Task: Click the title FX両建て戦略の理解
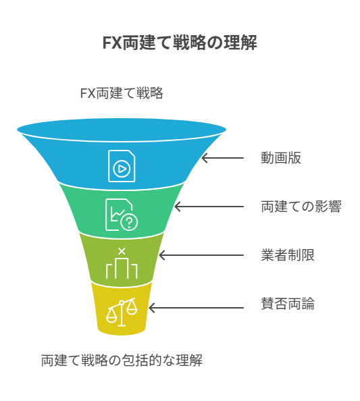click(180, 43)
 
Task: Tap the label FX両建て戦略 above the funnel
click(122, 93)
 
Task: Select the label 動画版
click(281, 158)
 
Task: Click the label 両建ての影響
click(301, 207)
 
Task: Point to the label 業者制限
click(288, 255)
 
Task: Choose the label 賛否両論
click(288, 304)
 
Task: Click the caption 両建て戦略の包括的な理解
click(122, 360)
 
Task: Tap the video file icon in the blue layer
click(122, 166)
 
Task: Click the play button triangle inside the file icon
click(122, 169)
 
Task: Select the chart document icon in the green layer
click(122, 215)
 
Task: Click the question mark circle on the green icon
click(129, 223)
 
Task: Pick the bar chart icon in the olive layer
click(122, 269)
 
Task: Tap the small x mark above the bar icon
click(122, 251)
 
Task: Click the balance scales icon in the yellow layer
click(122, 312)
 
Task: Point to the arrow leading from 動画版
click(222, 158)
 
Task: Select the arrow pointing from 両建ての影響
click(209, 207)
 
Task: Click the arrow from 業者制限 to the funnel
click(201, 255)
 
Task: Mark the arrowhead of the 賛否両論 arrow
click(151, 308)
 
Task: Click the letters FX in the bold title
click(112, 43)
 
